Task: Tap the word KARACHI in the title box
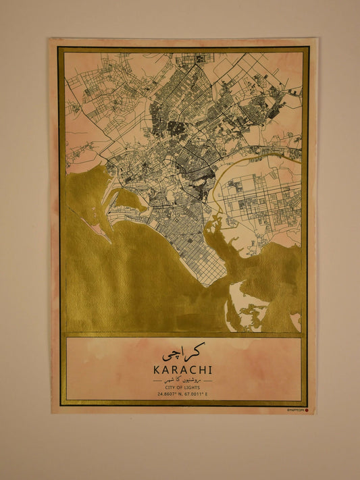[x=183, y=370]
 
